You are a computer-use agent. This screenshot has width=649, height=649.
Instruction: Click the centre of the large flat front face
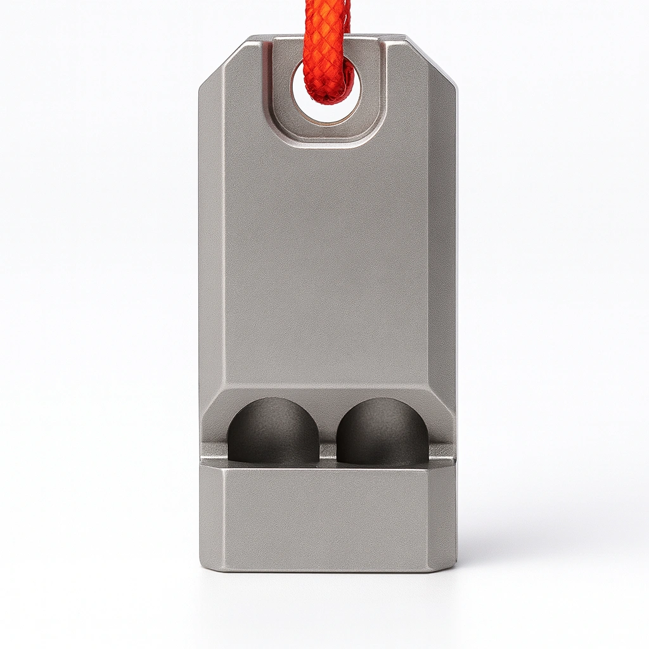327,266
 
